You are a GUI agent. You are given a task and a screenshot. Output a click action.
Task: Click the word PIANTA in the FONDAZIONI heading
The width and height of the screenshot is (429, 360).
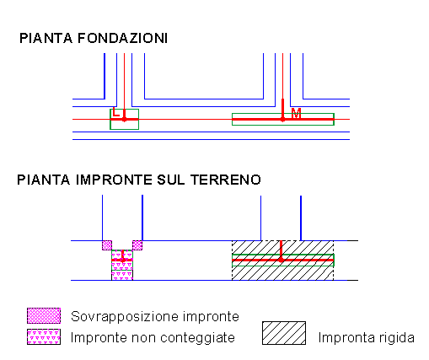click(46, 38)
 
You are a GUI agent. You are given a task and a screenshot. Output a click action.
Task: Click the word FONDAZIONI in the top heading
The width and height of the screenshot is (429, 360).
click(122, 38)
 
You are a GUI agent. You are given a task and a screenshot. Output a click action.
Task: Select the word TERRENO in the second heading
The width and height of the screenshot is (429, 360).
click(226, 180)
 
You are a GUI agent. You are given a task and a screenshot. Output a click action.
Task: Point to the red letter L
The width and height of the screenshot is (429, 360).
click(115, 112)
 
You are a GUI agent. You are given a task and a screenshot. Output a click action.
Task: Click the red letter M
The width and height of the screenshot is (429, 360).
click(296, 114)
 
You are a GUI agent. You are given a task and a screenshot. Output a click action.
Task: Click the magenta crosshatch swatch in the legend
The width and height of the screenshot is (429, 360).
click(44, 315)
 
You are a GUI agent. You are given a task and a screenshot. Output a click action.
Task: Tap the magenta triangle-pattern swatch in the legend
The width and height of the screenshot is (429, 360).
click(44, 336)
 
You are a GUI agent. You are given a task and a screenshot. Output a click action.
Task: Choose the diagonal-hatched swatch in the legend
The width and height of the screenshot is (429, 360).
click(284, 333)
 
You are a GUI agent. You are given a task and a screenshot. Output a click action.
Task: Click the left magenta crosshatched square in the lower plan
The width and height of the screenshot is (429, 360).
click(107, 245)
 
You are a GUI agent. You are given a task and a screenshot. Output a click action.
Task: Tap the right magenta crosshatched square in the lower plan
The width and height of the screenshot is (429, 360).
click(137, 245)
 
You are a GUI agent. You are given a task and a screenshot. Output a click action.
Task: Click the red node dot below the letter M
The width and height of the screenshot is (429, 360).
click(282, 120)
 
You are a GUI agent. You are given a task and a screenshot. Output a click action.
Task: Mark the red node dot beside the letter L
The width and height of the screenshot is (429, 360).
click(124, 120)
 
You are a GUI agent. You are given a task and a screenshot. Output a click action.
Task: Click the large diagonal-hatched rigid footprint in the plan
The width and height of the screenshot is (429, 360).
click(282, 272)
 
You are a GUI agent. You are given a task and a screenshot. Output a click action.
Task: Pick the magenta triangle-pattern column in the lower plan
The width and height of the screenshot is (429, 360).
click(122, 265)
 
